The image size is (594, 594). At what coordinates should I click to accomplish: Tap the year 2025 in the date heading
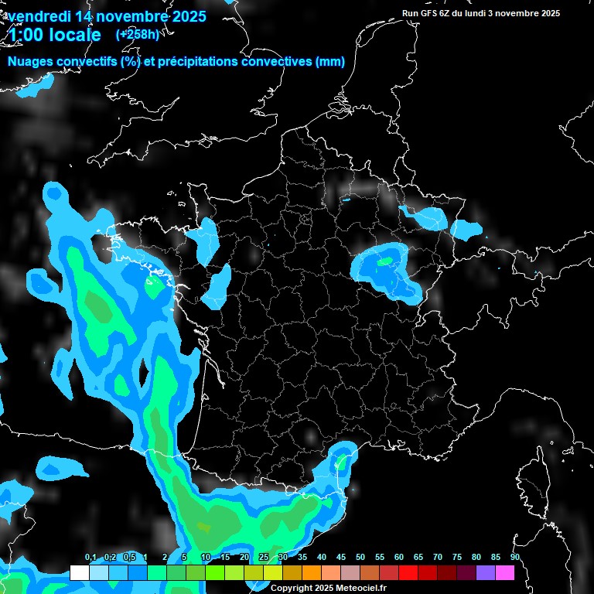point(185,16)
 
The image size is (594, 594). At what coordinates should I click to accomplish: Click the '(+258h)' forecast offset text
point(138,34)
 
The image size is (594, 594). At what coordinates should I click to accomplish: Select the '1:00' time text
point(26,36)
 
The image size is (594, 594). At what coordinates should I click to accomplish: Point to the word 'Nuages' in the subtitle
point(29,62)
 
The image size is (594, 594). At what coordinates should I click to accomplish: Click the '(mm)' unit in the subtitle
point(330,62)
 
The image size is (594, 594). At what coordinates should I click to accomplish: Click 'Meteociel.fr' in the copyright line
point(361,588)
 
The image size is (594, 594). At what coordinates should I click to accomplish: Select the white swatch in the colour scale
point(79,572)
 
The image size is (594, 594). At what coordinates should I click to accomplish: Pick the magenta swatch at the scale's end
point(505,572)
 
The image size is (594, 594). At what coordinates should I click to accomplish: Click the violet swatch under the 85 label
point(486,572)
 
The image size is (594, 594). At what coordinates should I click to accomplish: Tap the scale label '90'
point(514,557)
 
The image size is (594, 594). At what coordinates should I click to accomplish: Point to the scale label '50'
point(360,557)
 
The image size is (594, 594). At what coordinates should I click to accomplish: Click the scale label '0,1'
point(90,557)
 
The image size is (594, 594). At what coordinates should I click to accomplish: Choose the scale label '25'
point(264,557)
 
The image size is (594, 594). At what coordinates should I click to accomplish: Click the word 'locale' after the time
point(75,36)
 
